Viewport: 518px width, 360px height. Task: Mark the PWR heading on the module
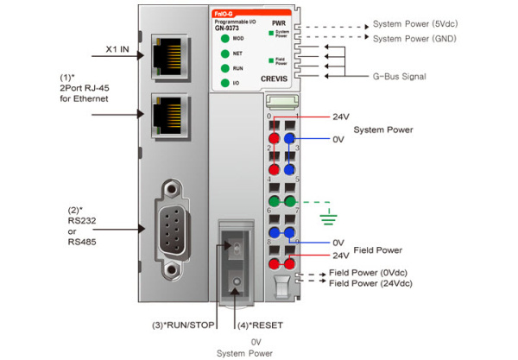(x=278, y=22)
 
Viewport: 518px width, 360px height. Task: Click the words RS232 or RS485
(x=80, y=230)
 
